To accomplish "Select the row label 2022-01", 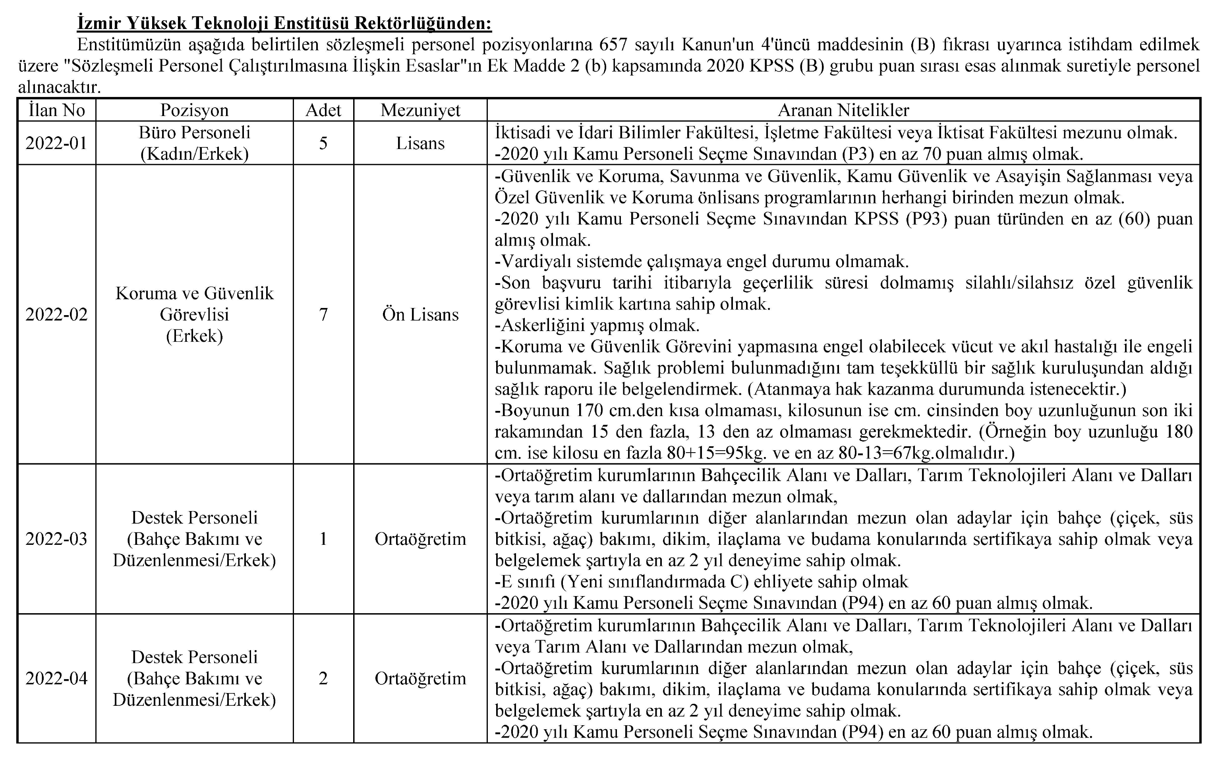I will pyautogui.click(x=56, y=143).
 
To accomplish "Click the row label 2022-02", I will pyautogui.click(x=56, y=314).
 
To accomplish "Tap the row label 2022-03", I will pyautogui.click(x=56, y=539).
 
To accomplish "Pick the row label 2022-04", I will pyautogui.click(x=56, y=678).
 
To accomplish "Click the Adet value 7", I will pyautogui.click(x=323, y=314).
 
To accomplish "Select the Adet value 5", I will pyautogui.click(x=323, y=143).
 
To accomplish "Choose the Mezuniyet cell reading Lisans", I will pyautogui.click(x=420, y=143).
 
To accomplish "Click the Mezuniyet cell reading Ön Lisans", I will pyautogui.click(x=420, y=314).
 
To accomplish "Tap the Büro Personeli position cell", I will pyautogui.click(x=194, y=143).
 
